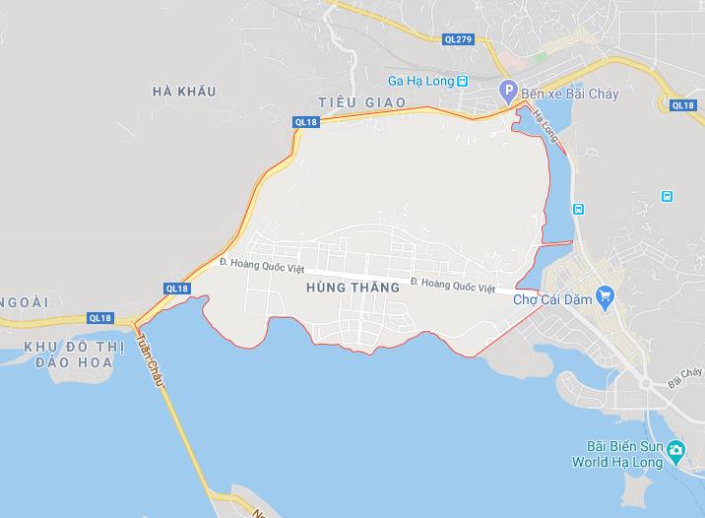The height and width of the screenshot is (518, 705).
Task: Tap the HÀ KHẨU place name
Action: click(x=184, y=92)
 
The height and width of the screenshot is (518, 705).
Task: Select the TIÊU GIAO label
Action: click(x=350, y=102)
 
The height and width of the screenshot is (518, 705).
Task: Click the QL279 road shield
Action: click(x=458, y=38)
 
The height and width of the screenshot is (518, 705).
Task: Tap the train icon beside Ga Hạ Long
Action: click(x=464, y=82)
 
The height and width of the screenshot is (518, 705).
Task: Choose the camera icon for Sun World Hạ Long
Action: click(x=675, y=452)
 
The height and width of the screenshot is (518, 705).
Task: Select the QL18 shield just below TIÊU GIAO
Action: click(x=306, y=121)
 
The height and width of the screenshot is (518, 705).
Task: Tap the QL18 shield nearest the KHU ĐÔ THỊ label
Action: click(x=100, y=318)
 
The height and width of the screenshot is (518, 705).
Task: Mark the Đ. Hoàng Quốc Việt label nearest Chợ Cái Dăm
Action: click(x=452, y=287)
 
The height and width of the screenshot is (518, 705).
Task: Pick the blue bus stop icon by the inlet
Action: click(x=577, y=208)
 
